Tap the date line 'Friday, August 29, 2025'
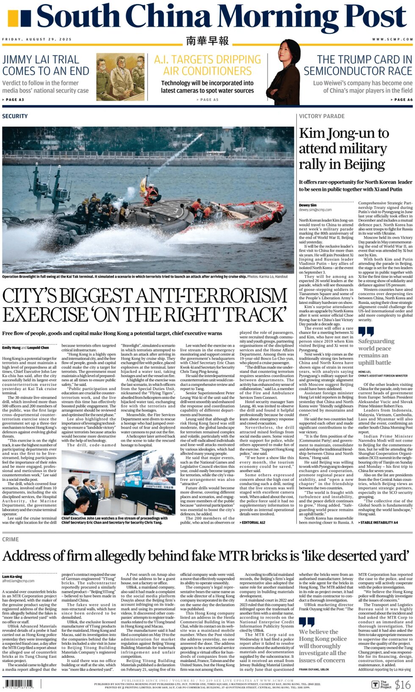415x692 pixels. pos(37,39)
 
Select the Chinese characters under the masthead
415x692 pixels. pos(207,41)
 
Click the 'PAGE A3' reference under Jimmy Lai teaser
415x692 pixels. pos(13,100)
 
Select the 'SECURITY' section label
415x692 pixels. pos(15,116)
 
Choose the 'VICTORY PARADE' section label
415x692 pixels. pos(321,116)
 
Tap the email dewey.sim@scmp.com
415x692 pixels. pos(315,210)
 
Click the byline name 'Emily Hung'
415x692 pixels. pos(11,347)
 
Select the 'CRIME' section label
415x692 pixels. pos(10,539)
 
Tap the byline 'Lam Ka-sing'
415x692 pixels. pos(12,576)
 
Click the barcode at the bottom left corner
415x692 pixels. pos(19,684)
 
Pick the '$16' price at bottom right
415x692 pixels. pos(403,684)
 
